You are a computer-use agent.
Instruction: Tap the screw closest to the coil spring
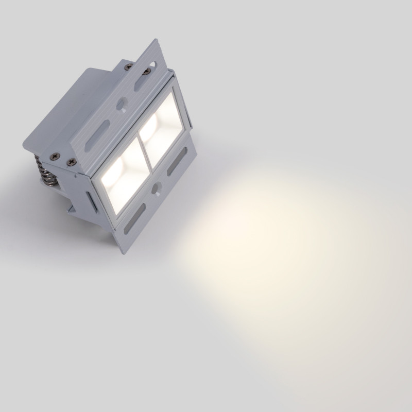coord(54,156)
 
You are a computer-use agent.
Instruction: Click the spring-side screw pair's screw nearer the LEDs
coord(71,163)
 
